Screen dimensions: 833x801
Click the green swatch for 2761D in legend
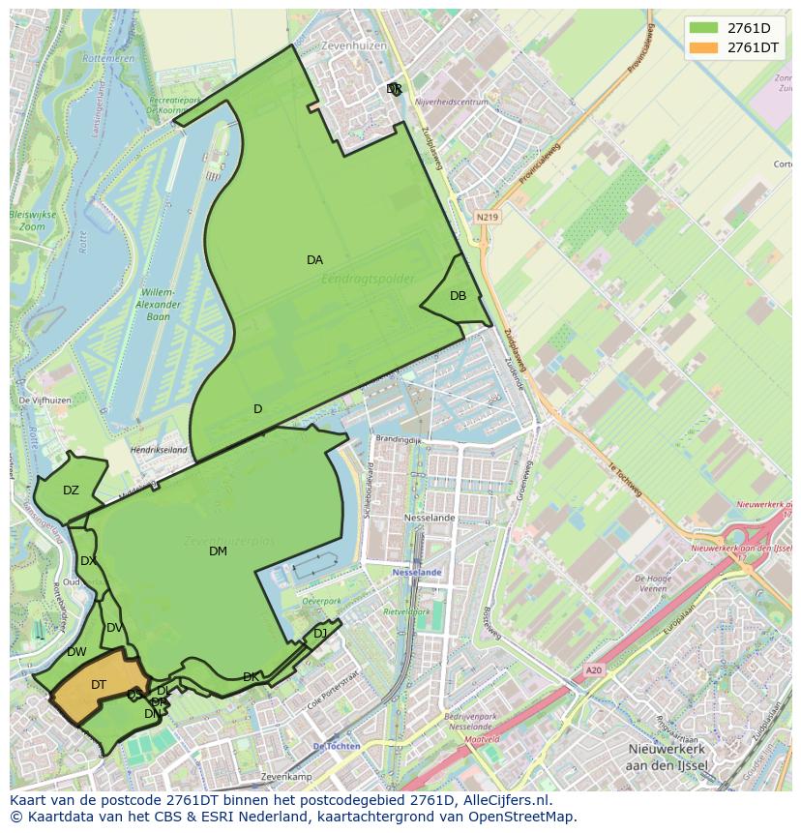tap(703, 28)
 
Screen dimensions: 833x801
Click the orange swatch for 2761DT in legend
tap(703, 47)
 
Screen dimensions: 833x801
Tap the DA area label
tap(314, 260)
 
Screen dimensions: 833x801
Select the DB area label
tap(458, 296)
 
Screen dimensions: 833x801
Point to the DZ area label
tap(71, 491)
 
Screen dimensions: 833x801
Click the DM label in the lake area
tap(218, 551)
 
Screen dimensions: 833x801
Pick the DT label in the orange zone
tap(99, 685)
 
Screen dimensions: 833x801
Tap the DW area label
tap(76, 652)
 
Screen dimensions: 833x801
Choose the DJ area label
tap(320, 634)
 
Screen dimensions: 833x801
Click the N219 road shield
tap(487, 218)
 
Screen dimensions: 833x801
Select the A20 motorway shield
tap(593, 669)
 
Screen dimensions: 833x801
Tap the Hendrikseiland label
tap(158, 450)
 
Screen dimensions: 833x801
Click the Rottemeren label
tap(108, 58)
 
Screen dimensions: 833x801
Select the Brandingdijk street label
tap(400, 438)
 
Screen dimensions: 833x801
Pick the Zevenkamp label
tap(285, 777)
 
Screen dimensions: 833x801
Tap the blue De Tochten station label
tap(336, 746)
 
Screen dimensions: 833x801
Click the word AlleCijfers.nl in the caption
tap(494, 800)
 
